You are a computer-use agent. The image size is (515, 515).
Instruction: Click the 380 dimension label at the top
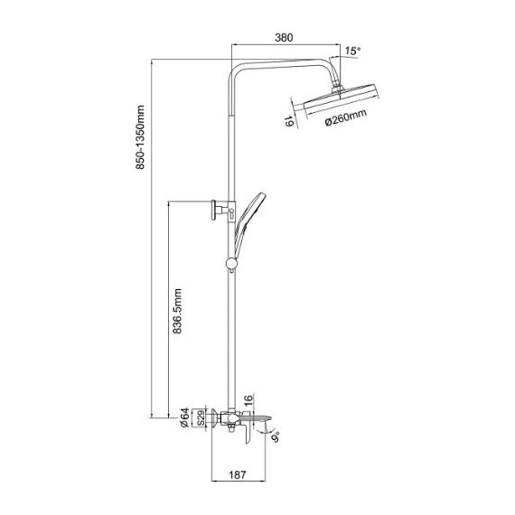click(x=284, y=38)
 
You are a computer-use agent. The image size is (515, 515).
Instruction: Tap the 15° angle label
click(x=352, y=51)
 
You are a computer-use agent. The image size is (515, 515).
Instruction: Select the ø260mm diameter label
click(x=346, y=117)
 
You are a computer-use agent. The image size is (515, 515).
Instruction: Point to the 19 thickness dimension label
click(x=289, y=121)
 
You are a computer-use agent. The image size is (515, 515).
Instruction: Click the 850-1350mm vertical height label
click(x=140, y=137)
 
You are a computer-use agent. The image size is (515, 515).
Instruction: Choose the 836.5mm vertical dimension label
click(x=177, y=311)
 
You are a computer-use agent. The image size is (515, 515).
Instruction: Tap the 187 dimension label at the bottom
click(x=237, y=475)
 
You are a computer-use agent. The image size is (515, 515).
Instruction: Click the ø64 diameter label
click(x=184, y=417)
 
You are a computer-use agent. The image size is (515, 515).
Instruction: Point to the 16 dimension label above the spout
click(x=248, y=398)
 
